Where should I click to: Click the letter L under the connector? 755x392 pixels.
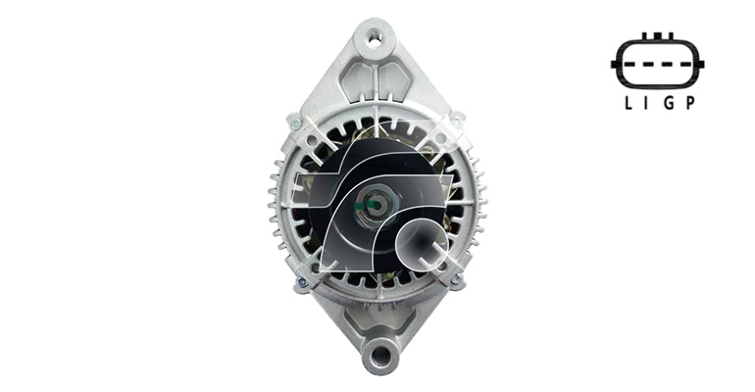pos(628,103)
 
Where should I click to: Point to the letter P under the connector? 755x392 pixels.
pos(689,103)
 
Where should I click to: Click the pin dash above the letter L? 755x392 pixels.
pos(628,65)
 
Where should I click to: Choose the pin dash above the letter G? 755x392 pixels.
pos(669,65)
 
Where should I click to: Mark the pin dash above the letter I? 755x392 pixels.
pos(648,65)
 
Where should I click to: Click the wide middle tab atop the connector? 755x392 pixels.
pos(658,36)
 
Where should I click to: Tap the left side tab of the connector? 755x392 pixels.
pos(614,64)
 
